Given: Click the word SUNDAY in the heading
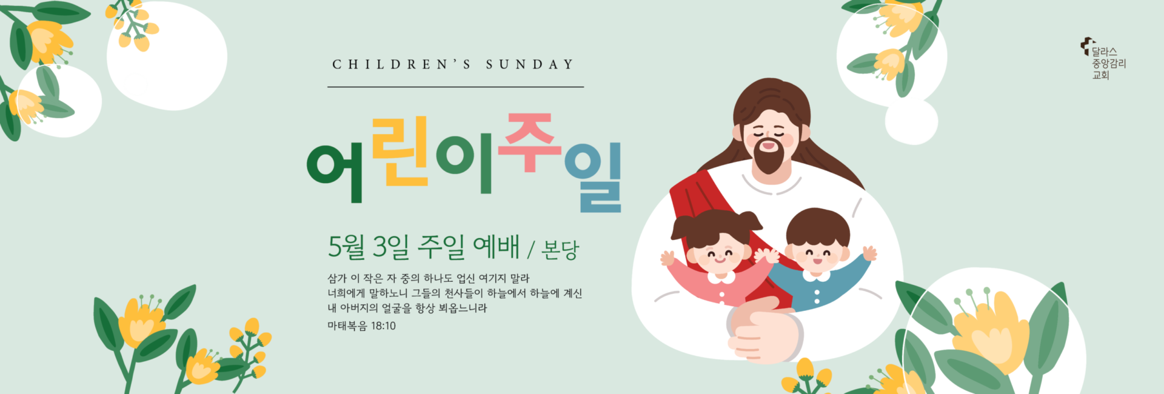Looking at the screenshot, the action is [x=529, y=64].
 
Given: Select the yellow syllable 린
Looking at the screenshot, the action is [x=400, y=152].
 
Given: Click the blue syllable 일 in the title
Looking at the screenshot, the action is [x=594, y=177].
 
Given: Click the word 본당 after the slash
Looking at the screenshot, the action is [x=560, y=249].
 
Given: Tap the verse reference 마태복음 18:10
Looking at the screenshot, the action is [x=361, y=326].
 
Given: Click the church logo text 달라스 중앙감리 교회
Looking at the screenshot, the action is [x=1108, y=63].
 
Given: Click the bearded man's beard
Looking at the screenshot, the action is [x=769, y=157].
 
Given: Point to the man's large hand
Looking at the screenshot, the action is [x=765, y=332].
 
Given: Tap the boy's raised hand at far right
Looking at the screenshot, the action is [x=869, y=253].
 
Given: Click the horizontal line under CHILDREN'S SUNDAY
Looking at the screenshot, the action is [x=455, y=87].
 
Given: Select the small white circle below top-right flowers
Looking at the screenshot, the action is [x=911, y=121].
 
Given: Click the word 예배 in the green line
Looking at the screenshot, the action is [x=496, y=246].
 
